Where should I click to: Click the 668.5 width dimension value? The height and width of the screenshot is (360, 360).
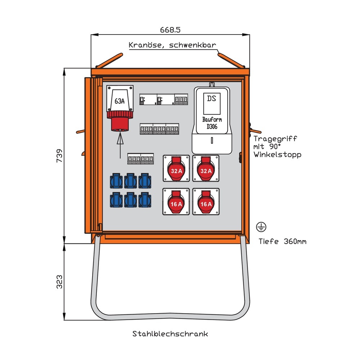tap(170, 30)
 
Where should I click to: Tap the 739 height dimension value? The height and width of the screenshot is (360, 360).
tap(60, 156)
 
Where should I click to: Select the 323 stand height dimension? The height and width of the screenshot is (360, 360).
tap(60, 282)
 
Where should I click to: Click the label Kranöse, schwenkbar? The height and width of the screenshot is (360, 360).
tap(172, 45)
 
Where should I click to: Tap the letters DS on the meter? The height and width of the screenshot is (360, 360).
tap(212, 98)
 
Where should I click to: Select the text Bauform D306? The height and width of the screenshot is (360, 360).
tap(212, 123)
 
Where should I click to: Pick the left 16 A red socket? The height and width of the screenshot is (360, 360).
tap(176, 202)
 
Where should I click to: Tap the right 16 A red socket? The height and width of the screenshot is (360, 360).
tap(206, 202)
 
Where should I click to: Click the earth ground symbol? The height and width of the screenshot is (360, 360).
tap(261, 227)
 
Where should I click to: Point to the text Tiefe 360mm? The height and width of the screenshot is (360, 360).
tap(283, 241)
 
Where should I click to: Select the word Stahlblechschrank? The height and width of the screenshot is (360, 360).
tap(170, 334)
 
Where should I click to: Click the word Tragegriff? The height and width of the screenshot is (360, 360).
tap(275, 139)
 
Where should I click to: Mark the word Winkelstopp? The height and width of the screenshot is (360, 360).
tap(277, 155)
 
